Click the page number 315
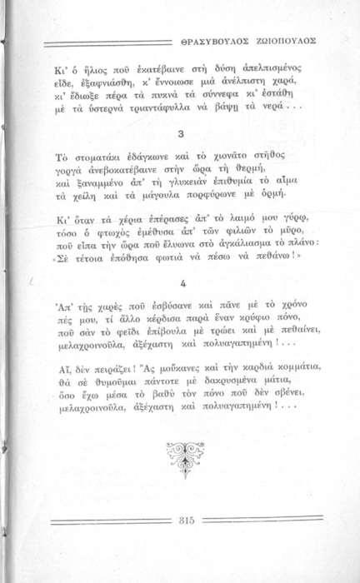(187, 521)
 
